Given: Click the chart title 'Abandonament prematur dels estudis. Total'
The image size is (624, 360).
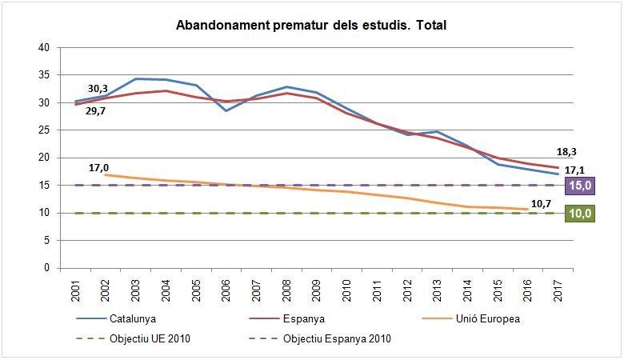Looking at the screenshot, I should tap(310, 26).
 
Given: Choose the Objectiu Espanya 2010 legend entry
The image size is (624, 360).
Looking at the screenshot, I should tap(337, 338).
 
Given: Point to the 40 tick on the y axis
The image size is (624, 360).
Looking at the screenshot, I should tap(45, 48).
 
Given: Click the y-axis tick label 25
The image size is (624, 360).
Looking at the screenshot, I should tap(45, 130).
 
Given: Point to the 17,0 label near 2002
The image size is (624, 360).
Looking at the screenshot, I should tap(99, 167).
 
